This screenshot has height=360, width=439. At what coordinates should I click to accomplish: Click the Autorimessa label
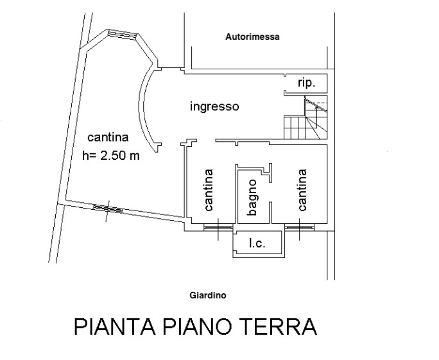coord(252,37)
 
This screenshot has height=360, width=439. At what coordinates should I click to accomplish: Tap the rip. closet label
coord(307,83)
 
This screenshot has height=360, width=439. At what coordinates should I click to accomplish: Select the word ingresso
coord(214,107)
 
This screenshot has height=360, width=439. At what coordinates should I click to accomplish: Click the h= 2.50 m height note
coord(111,155)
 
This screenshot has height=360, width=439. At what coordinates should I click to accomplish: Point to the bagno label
coord(252,198)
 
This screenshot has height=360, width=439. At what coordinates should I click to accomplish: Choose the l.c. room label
coord(257,243)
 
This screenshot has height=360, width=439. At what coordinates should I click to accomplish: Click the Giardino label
coord(208,295)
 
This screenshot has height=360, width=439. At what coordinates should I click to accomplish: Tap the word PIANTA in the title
coord(115,327)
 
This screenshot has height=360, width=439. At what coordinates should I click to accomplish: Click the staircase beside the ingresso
coord(306,117)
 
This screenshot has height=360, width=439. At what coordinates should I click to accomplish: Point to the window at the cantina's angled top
coord(123,35)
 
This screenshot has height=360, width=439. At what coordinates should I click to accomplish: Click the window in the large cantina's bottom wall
coord(108,209)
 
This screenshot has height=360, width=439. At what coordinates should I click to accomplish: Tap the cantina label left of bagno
coord(209,190)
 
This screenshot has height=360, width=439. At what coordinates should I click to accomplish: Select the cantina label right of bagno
coord(302,190)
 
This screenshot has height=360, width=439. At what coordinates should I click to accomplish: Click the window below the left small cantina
coord(218,227)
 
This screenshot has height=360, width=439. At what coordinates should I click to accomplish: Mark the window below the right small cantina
coord(299,227)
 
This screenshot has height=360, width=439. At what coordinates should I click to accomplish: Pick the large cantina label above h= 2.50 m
coord(108,137)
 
